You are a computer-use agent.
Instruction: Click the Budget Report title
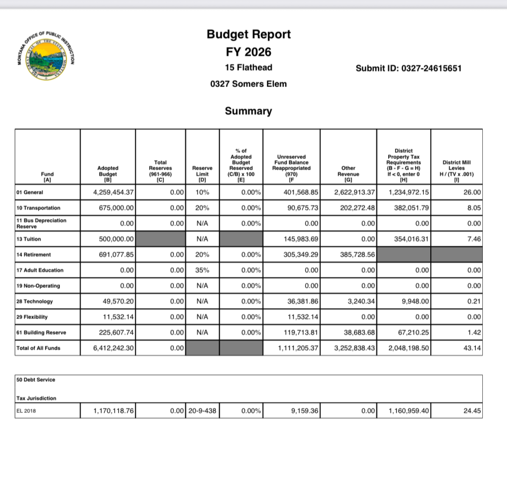coord(249,34)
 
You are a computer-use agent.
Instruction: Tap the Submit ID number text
coord(408,68)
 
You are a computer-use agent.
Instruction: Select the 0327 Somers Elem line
coord(249,84)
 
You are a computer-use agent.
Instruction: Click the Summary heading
coord(249,111)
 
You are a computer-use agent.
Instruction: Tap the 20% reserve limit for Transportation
coord(202,208)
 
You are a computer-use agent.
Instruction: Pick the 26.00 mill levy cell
coord(472,192)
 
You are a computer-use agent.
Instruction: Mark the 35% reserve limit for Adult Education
coord(202,270)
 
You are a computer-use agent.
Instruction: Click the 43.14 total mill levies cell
coord(472,348)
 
